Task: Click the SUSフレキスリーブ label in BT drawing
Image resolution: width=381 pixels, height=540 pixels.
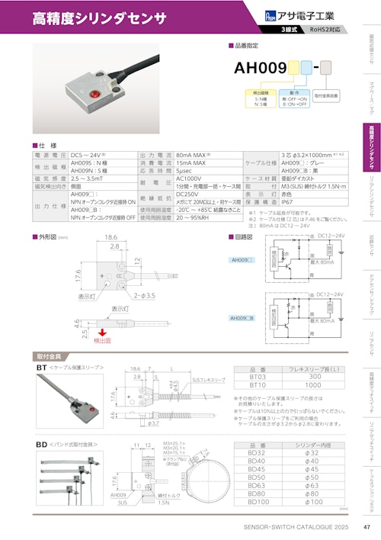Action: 207,379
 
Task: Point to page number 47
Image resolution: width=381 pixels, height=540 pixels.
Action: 367,528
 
